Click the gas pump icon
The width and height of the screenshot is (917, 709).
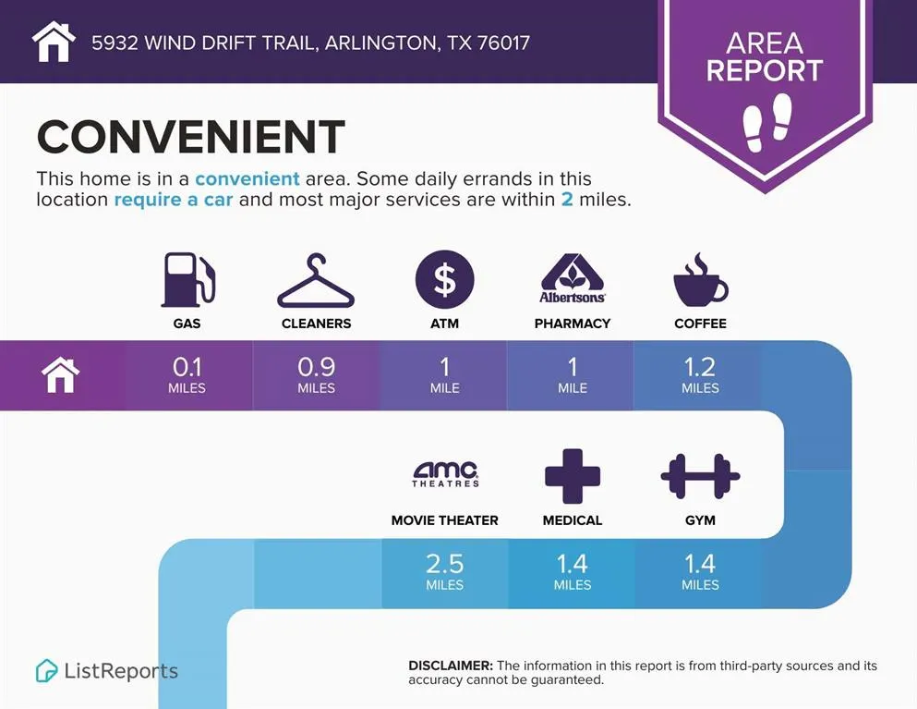pyautogui.click(x=187, y=280)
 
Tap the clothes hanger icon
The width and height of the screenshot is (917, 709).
pyautogui.click(x=316, y=281)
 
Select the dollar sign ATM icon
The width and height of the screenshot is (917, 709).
pyautogui.click(x=444, y=279)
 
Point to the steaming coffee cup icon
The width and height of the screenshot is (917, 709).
pyautogui.click(x=700, y=280)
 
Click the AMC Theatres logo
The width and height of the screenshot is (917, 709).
pyautogui.click(x=445, y=474)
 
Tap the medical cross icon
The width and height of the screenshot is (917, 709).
pyautogui.click(x=573, y=476)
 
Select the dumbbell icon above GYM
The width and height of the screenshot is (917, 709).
pyautogui.click(x=700, y=476)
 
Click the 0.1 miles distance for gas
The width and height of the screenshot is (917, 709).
pyautogui.click(x=187, y=374)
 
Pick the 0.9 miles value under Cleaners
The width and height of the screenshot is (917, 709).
pyautogui.click(x=317, y=374)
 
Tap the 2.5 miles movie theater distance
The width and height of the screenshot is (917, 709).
pyautogui.click(x=444, y=571)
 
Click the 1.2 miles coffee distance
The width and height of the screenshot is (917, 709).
pyautogui.click(x=700, y=374)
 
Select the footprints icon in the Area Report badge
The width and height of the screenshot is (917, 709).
pyautogui.click(x=767, y=123)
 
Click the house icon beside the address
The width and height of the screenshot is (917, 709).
pyautogui.click(x=54, y=42)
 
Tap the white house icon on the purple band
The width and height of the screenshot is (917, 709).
pyautogui.click(x=61, y=375)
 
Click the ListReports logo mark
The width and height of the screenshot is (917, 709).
pyautogui.click(x=47, y=671)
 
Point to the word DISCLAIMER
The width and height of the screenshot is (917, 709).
pyautogui.click(x=451, y=666)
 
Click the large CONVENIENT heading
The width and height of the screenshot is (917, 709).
pyautogui.click(x=190, y=137)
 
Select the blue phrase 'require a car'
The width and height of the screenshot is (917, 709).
pyautogui.click(x=173, y=200)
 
